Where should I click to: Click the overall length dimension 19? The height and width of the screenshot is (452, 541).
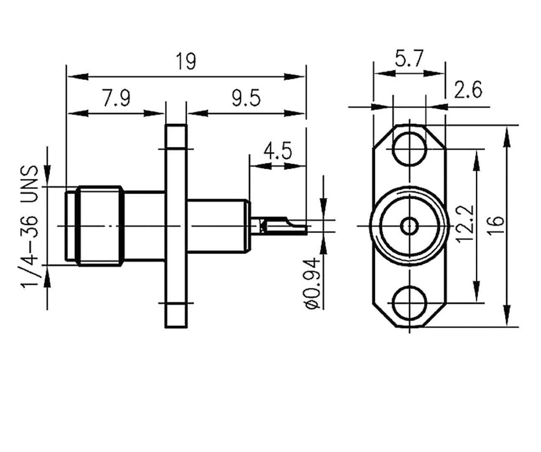click(185, 61)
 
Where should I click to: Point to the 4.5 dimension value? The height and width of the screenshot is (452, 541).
click(278, 151)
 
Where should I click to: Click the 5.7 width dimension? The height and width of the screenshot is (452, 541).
click(409, 59)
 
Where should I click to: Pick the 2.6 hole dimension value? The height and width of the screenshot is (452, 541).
click(468, 90)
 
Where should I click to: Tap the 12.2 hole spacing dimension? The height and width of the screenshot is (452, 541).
click(464, 223)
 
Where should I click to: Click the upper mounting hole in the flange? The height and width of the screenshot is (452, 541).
click(409, 148)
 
